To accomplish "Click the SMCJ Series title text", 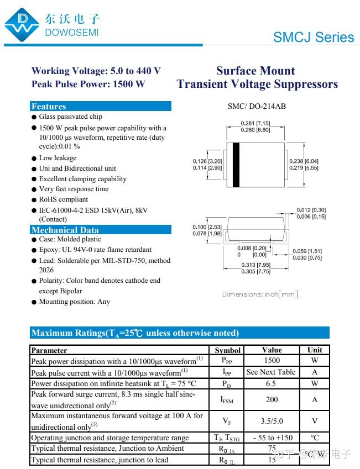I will point(313,37).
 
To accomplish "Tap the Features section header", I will point(49,107).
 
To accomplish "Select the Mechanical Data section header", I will point(65,230).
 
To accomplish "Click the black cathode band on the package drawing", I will point(236,165).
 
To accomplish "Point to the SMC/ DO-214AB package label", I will point(257,106).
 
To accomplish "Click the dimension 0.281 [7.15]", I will point(255,123).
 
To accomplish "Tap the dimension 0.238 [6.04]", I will point(304,161).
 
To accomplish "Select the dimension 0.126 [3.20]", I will point(207,161).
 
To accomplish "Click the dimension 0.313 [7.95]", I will point(255,265).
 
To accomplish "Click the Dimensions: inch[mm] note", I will point(260,294).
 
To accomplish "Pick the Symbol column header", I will point(227,350).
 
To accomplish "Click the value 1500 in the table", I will point(272,360).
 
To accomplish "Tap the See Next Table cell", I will point(271,372).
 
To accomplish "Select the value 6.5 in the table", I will point(271,383).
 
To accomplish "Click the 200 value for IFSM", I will point(272,399).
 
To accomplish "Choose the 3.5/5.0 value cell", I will point(271,421).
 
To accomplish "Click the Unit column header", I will point(315,350).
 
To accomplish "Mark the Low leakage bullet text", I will point(58,158).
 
